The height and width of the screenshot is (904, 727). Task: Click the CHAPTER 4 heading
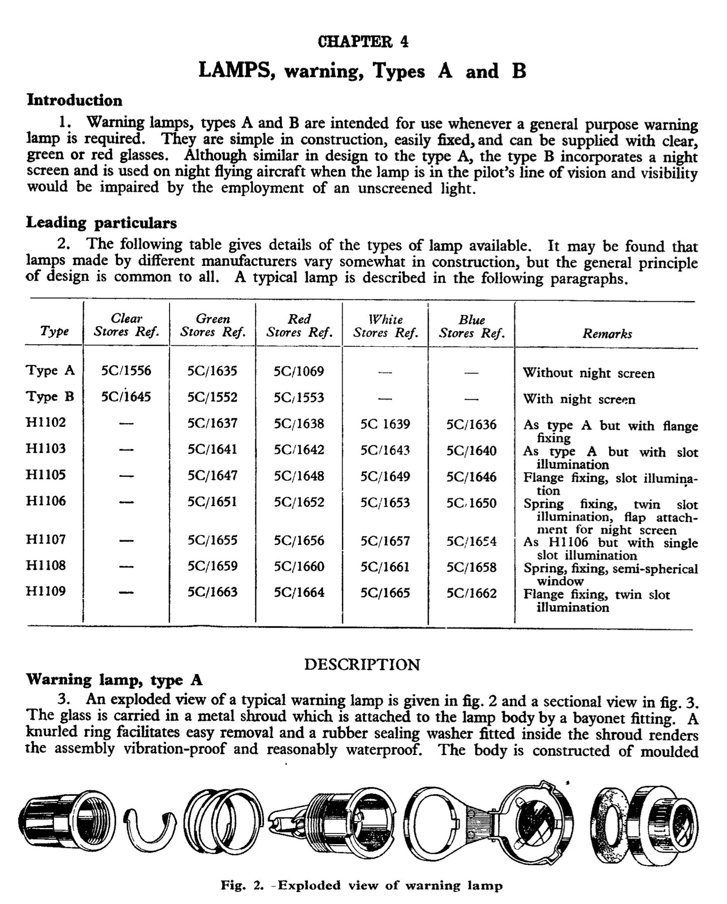tap(363, 41)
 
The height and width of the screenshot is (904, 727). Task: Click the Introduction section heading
tap(74, 100)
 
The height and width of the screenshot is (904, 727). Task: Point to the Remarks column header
tap(607, 333)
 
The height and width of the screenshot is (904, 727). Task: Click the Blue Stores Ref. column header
tap(471, 326)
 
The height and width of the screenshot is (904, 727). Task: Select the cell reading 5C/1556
tap(126, 371)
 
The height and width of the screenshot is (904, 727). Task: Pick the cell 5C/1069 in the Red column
tap(298, 371)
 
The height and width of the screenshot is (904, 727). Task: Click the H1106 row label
tap(46, 501)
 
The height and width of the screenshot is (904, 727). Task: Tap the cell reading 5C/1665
tap(385, 593)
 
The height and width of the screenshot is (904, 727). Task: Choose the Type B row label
tap(50, 397)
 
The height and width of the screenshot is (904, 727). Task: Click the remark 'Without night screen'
tap(589, 373)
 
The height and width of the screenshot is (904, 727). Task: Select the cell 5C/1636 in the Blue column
tap(471, 424)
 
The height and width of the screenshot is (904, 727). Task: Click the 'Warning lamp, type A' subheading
tap(114, 680)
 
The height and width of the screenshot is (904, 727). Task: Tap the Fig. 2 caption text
tap(362, 885)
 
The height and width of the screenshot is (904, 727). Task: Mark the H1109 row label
tap(46, 591)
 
